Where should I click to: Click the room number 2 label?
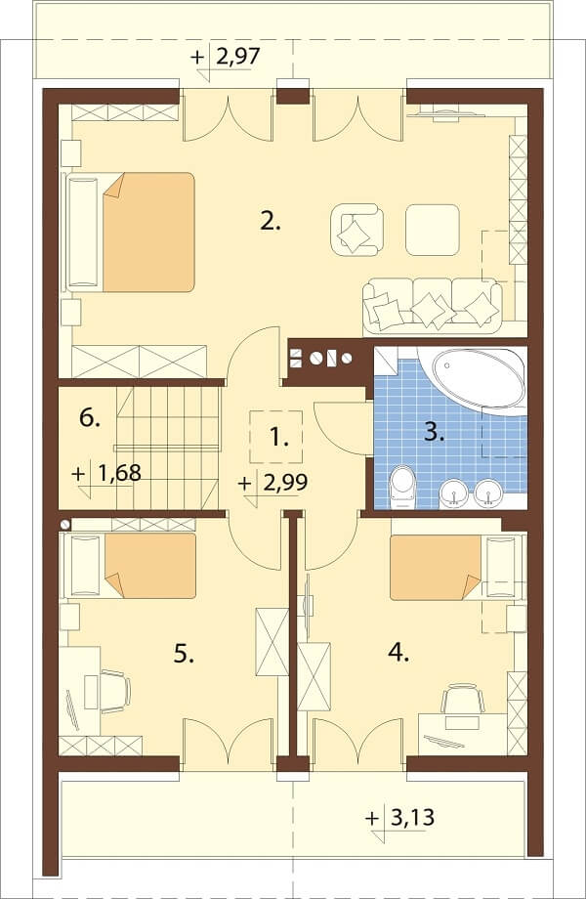pos(270,221)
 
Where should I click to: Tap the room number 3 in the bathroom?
pos(434,432)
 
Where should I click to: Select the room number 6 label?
pos(89,418)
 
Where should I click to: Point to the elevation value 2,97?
pos(238,57)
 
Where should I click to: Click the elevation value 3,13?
pos(412,817)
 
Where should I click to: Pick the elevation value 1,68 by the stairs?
pos(119,474)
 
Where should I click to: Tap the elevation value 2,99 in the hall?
pos(286,482)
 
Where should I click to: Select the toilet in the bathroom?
pos(402,488)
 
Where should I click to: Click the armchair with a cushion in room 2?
pos(356,230)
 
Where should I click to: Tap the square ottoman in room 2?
pos(433,230)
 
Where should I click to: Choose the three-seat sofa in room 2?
pos(433,307)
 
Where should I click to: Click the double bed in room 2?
pos(131,233)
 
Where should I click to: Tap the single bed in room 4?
pos(456,568)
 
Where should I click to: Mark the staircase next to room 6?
pos(168,448)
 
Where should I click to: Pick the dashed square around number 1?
pos(276,437)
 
